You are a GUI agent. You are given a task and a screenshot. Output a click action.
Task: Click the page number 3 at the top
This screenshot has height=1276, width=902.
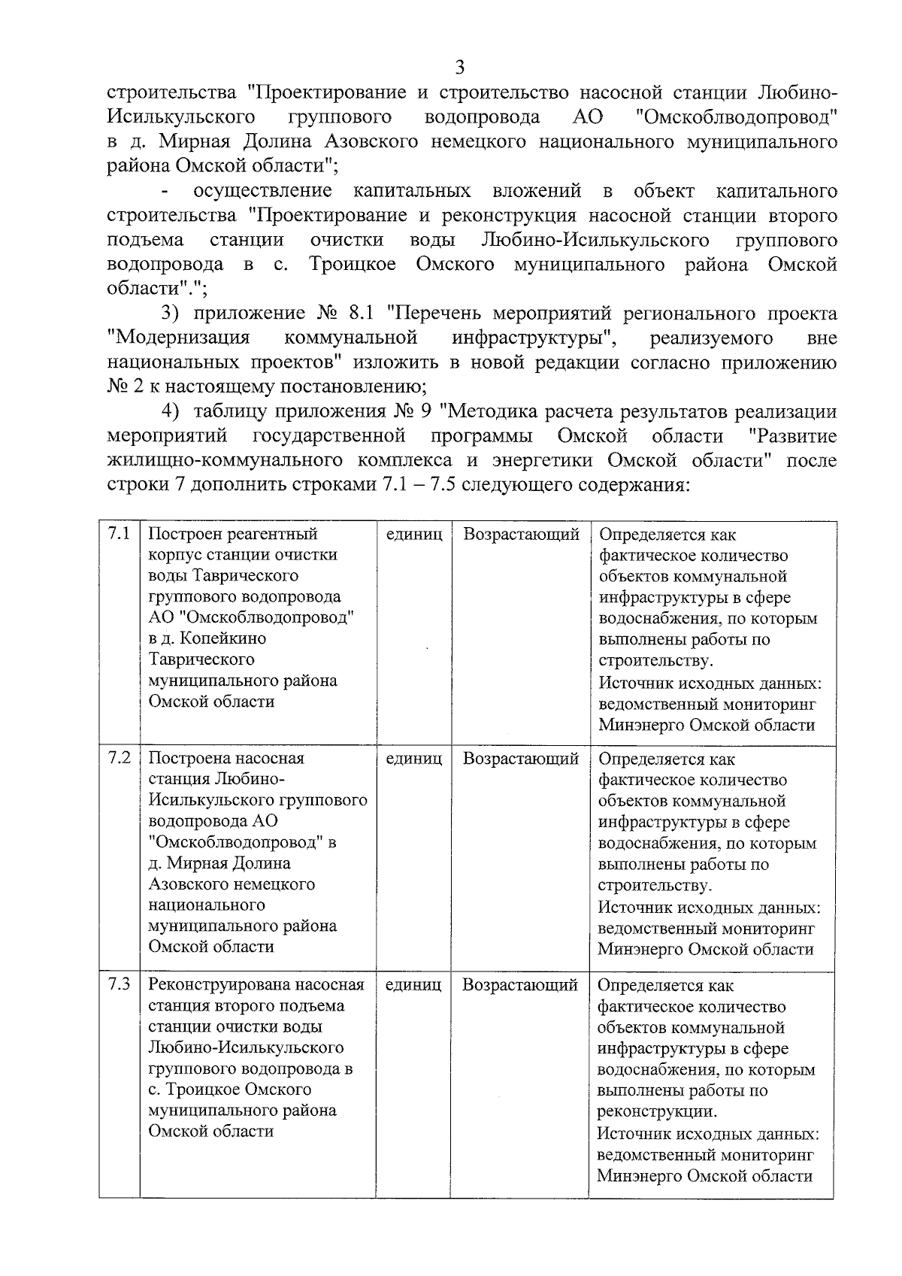coord(460,68)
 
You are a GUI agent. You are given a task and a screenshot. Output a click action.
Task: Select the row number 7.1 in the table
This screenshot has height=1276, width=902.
coord(119,534)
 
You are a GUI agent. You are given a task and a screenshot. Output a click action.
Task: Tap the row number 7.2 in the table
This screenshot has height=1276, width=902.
coord(119,757)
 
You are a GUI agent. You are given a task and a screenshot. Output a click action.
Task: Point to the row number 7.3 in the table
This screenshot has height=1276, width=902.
coord(119,984)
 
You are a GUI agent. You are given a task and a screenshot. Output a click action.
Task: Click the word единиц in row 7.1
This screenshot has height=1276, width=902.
coord(413,535)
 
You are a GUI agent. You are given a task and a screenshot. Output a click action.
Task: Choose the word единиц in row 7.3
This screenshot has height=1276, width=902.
coord(413,984)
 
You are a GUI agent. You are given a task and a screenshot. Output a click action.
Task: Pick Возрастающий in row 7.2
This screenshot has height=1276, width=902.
coord(520,759)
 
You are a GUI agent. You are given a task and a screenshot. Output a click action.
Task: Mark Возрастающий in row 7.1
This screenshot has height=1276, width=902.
coord(521,535)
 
